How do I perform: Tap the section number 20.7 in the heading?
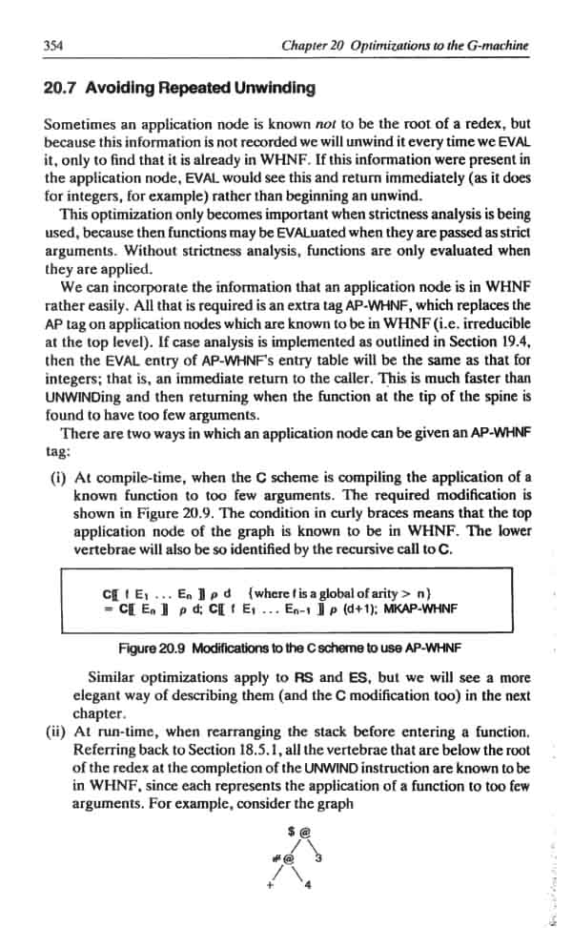(x=61, y=88)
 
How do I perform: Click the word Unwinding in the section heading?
(x=271, y=88)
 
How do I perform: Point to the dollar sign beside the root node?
(x=291, y=829)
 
